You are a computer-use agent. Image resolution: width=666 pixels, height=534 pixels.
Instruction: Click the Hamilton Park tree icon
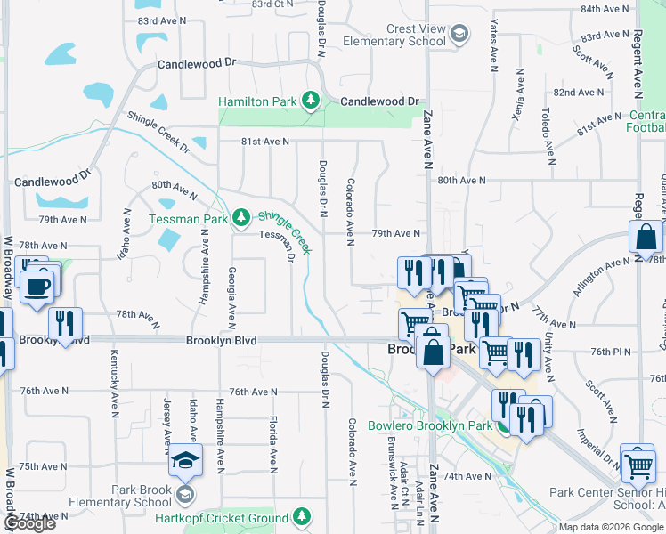tap(311, 101)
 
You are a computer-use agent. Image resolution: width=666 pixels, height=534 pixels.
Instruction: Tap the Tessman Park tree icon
tap(240, 218)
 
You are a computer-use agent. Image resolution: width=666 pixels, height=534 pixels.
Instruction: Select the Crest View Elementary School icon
tap(459, 35)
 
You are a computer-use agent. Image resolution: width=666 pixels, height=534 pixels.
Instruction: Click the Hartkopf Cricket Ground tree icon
tap(302, 516)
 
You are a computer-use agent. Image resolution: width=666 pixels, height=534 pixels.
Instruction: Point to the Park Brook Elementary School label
tap(141, 496)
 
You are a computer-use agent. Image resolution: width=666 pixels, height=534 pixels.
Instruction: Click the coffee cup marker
tap(37, 287)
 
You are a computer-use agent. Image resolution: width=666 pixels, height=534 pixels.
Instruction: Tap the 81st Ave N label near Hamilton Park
tap(264, 142)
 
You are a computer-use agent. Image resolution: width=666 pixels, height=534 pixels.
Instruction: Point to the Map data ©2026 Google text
tap(611, 527)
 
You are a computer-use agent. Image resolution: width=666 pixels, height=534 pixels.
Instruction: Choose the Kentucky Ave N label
tap(114, 384)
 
